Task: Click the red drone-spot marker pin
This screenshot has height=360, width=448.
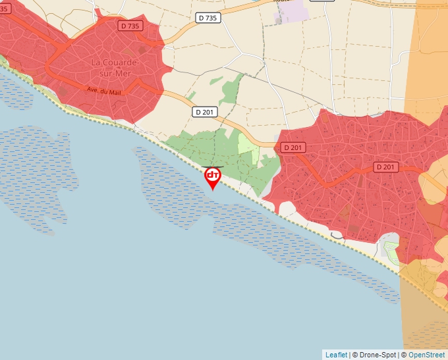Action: click(x=212, y=176)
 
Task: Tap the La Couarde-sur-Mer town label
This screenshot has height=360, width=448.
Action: click(x=115, y=67)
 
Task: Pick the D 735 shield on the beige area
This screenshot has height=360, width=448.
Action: click(x=208, y=18)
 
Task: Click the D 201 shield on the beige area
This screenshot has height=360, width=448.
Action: click(x=205, y=112)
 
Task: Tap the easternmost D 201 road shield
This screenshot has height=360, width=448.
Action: click(x=387, y=167)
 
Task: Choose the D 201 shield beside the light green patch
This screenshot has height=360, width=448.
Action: click(x=294, y=147)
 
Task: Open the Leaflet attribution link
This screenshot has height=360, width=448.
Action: click(x=336, y=355)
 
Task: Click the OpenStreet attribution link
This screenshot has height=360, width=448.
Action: click(x=426, y=355)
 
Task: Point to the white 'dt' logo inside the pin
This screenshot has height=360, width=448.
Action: click(x=212, y=174)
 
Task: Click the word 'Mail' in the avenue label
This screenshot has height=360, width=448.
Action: click(x=115, y=93)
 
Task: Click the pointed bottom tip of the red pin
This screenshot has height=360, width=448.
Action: click(x=212, y=190)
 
